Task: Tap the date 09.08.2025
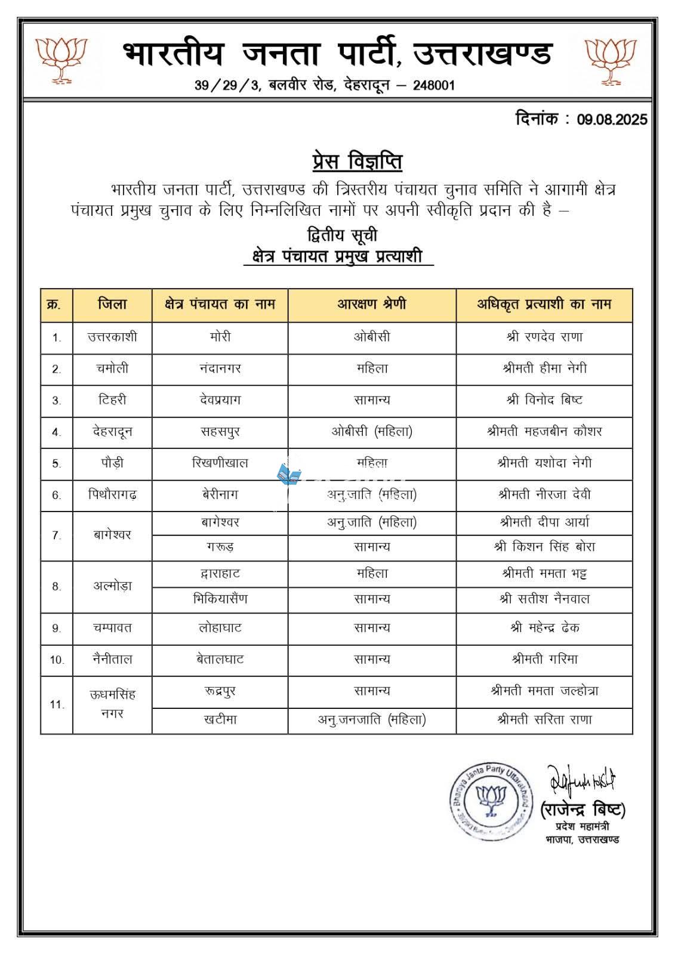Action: tap(612, 120)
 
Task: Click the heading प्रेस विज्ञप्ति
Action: tap(357, 162)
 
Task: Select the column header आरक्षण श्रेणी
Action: tap(371, 304)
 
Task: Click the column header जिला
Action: tap(112, 304)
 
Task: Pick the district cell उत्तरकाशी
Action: tap(112, 337)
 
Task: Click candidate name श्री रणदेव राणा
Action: tap(544, 337)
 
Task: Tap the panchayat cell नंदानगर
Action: tap(220, 369)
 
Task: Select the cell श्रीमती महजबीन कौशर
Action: tap(544, 432)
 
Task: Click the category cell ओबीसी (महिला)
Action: tap(371, 432)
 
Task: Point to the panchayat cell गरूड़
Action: tap(220, 547)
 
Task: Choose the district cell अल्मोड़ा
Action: tap(112, 586)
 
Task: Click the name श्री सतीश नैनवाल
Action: tap(544, 599)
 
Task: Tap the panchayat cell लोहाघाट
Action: tap(220, 628)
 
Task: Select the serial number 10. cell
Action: tap(57, 660)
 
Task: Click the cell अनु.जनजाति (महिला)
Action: tap(371, 720)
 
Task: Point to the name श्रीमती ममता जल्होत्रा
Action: tap(544, 691)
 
